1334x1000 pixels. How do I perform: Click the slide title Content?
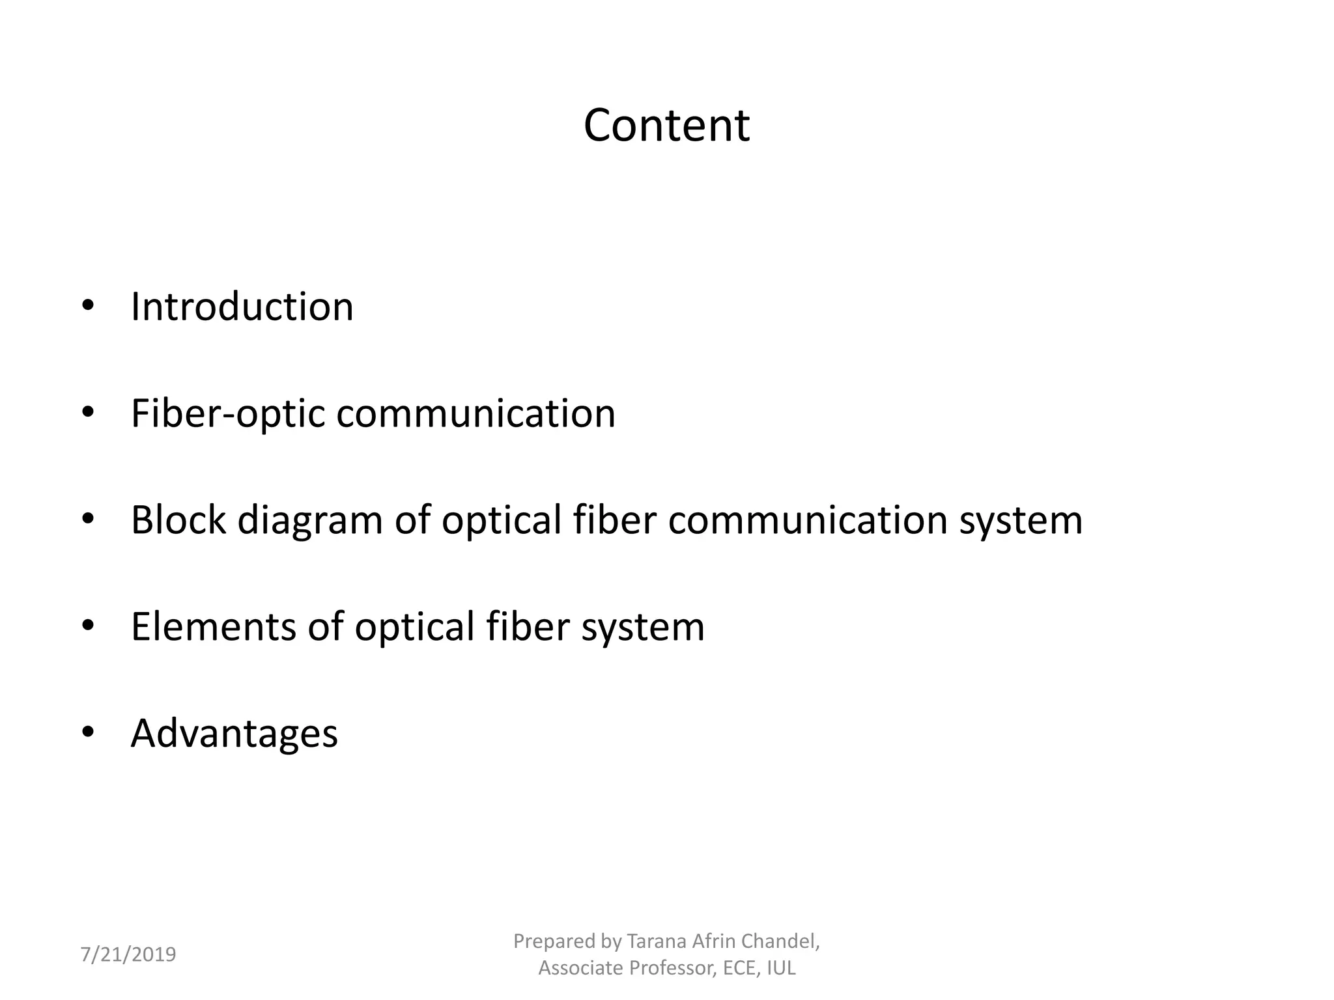pyautogui.click(x=666, y=125)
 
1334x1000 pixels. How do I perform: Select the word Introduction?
pyautogui.click(x=242, y=306)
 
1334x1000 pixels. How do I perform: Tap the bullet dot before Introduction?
pyautogui.click(x=88, y=305)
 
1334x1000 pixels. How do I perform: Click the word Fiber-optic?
pyautogui.click(x=227, y=413)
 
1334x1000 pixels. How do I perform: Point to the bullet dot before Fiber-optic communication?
pyautogui.click(x=88, y=412)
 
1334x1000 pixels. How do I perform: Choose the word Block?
pyautogui.click(x=178, y=520)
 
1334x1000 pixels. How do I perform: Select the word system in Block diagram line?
pyautogui.click(x=1020, y=521)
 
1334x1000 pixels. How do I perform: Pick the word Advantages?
pyautogui.click(x=234, y=734)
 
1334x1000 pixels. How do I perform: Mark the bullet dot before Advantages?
pyautogui.click(x=88, y=732)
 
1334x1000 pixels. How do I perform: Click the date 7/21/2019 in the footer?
pyautogui.click(x=128, y=954)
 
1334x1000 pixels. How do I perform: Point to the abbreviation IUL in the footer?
pyautogui.click(x=781, y=968)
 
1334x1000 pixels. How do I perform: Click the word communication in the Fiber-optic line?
pyautogui.click(x=475, y=413)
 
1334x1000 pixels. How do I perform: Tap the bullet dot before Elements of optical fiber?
pyautogui.click(x=88, y=625)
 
